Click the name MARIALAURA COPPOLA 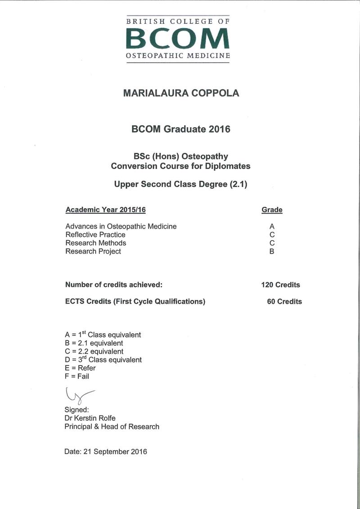coord(181,94)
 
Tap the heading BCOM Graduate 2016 coord(181,129)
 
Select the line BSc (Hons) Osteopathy coord(181,156)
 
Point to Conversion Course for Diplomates coord(181,166)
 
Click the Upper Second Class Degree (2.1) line coord(181,184)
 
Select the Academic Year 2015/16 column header coord(106,210)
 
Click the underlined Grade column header coord(272,210)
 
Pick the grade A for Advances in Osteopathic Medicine coord(272,227)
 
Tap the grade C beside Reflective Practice coord(272,235)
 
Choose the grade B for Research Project coord(272,251)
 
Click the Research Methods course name coord(96,243)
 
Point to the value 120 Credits coord(280,285)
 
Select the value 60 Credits coord(284,302)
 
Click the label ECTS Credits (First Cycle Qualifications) coord(135,302)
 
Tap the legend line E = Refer coord(81,368)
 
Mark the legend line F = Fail coord(77,376)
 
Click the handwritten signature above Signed coord(78,396)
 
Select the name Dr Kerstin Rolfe coord(90,418)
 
